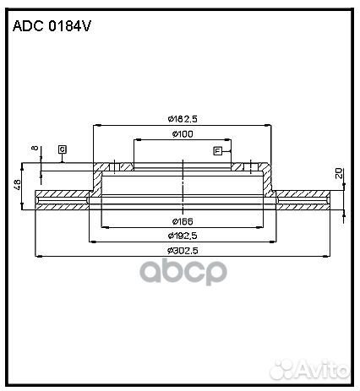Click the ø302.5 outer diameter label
coord(182,250)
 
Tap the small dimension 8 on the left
coord(34,150)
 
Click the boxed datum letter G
coord(63,149)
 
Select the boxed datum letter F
coord(217,150)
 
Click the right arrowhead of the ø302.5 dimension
coord(327,256)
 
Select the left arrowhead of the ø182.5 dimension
coord(95,124)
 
